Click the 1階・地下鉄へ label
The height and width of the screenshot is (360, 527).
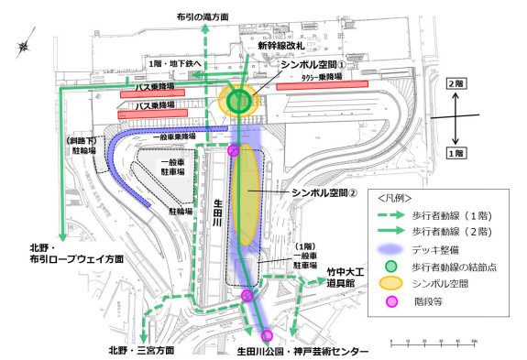(180, 63)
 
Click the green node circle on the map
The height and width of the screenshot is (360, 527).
(239, 102)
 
